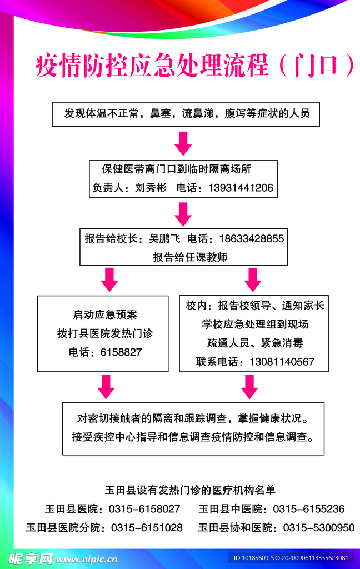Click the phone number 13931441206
click(x=241, y=188)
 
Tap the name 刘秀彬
click(x=151, y=188)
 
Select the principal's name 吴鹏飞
click(x=165, y=238)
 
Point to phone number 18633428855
click(x=252, y=238)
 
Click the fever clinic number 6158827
click(x=121, y=352)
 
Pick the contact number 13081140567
click(x=282, y=361)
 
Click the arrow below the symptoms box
click(x=183, y=144)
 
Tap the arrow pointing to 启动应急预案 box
click(x=109, y=280)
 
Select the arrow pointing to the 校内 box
click(x=253, y=280)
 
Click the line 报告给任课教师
click(x=190, y=257)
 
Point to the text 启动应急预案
click(x=105, y=315)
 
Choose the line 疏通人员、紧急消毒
click(x=255, y=342)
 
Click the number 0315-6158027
click(x=144, y=509)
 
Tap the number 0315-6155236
click(x=309, y=509)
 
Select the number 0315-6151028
click(x=147, y=527)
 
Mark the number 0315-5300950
click(x=319, y=527)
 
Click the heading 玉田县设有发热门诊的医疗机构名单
click(x=190, y=490)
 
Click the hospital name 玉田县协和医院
click(x=235, y=527)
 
